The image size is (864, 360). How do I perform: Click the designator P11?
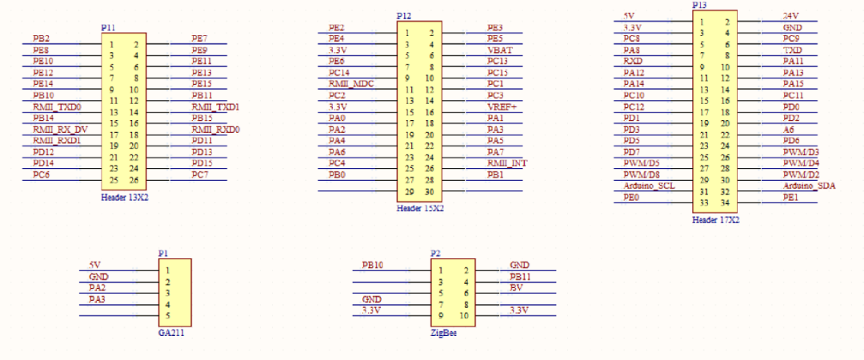(x=109, y=27)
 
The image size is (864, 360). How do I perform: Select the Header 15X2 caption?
(x=420, y=208)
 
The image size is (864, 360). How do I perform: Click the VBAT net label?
(x=500, y=50)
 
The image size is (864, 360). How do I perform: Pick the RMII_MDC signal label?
(x=351, y=83)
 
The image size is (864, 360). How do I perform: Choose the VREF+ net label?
(x=502, y=106)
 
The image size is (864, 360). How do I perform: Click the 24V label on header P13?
(x=791, y=16)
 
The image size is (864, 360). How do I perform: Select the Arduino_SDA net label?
(x=810, y=186)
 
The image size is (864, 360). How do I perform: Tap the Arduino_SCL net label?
(x=649, y=186)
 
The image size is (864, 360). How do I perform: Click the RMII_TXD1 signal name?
(x=215, y=106)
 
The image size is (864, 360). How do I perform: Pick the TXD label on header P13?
(x=793, y=50)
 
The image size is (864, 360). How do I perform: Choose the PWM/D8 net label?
(x=642, y=174)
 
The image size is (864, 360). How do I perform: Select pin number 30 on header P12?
(x=430, y=192)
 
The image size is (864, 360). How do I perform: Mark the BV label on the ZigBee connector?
(x=517, y=287)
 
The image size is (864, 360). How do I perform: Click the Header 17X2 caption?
(x=716, y=219)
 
